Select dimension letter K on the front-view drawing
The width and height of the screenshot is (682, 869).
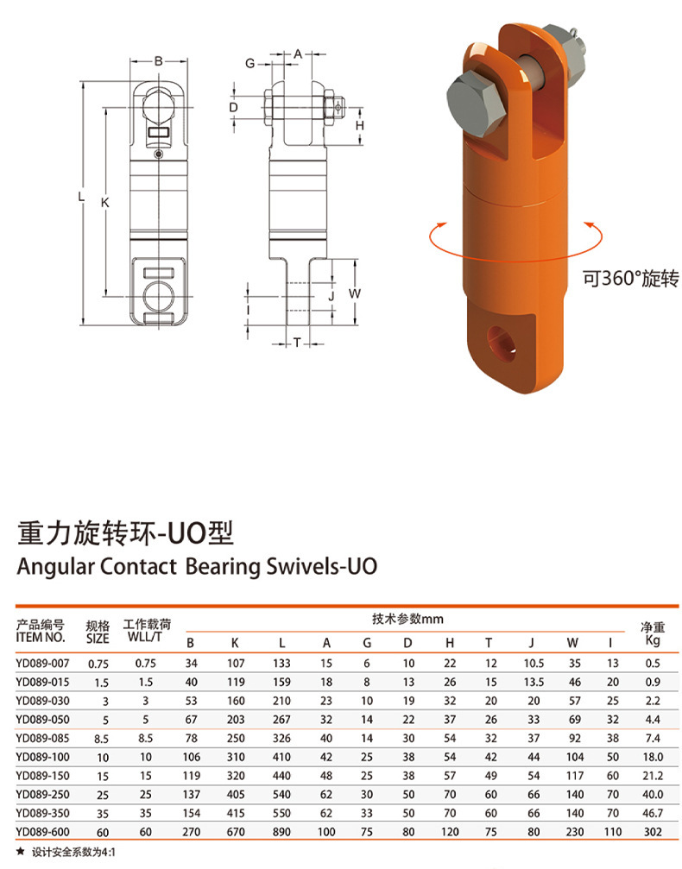[105, 202]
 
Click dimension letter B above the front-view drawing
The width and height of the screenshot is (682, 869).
[158, 60]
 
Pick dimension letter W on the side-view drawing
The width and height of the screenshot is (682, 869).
[354, 293]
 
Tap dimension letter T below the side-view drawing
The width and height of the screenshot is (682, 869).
[296, 343]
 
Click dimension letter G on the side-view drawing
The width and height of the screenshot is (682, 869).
[249, 64]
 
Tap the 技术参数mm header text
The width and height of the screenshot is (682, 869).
[407, 620]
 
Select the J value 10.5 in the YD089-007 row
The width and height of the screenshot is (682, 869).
[534, 663]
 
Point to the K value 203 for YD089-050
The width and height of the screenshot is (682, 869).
[235, 719]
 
